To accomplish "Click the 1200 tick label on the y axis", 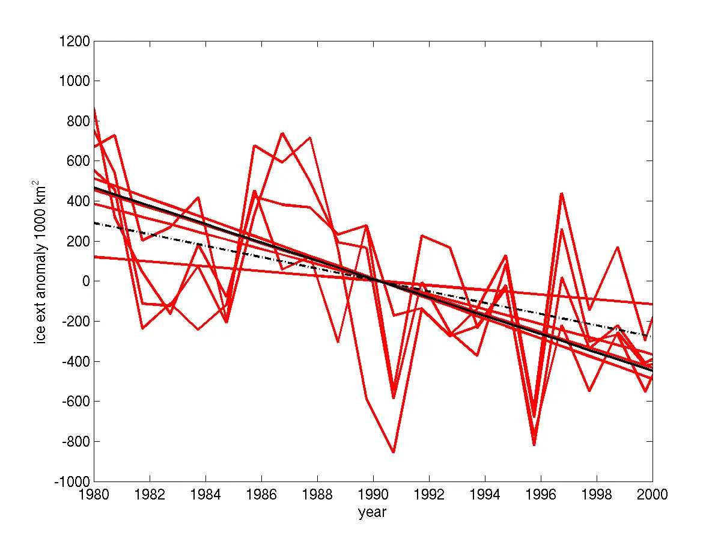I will click(74, 41).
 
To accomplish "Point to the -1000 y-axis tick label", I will click(72, 481).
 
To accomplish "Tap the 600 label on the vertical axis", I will click(77, 161).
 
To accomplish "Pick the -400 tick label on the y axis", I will click(75, 361).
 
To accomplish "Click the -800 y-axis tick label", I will click(75, 441).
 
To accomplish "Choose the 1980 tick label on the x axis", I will click(94, 494).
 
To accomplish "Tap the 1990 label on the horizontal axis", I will click(373, 494).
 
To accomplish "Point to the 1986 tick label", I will click(261, 494).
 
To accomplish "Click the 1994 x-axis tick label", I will click(485, 494).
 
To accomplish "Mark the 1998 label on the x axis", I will click(597, 494).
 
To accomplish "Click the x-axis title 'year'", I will click(373, 513).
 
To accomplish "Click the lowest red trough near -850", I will click(394, 452).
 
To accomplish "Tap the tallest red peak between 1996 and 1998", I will click(561, 194).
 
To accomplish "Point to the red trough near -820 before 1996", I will click(534, 445).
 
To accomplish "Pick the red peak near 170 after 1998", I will click(618, 247).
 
